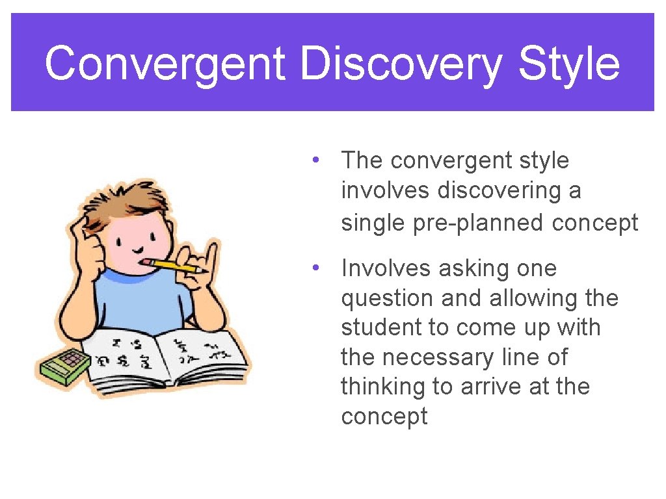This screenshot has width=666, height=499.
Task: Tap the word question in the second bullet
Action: point(388,298)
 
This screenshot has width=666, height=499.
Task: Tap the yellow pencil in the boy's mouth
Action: point(175,265)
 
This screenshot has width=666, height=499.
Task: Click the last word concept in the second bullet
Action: point(384,416)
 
